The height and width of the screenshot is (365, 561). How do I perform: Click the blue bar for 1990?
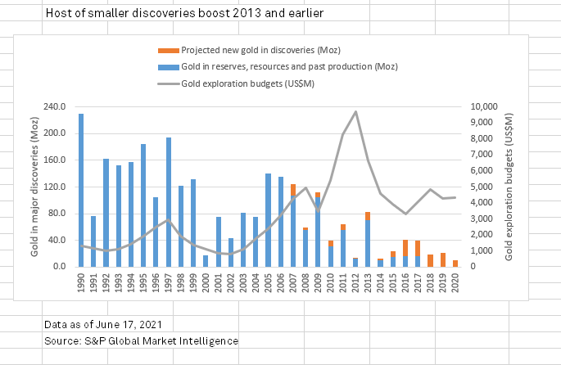tap(81, 190)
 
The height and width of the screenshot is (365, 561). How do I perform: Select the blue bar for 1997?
tap(169, 202)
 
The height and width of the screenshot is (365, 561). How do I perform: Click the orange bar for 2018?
tap(430, 260)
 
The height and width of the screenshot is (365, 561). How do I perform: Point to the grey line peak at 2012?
tap(355, 112)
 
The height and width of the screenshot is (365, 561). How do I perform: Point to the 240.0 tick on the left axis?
tap(52, 107)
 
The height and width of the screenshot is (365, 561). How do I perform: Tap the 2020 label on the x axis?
tap(455, 282)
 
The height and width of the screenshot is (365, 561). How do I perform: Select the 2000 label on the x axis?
tap(206, 282)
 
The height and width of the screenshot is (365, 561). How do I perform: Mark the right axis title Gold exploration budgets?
tap(509, 187)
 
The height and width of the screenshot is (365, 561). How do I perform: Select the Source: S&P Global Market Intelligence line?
tap(142, 340)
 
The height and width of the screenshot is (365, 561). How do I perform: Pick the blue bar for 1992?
tap(106, 213)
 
